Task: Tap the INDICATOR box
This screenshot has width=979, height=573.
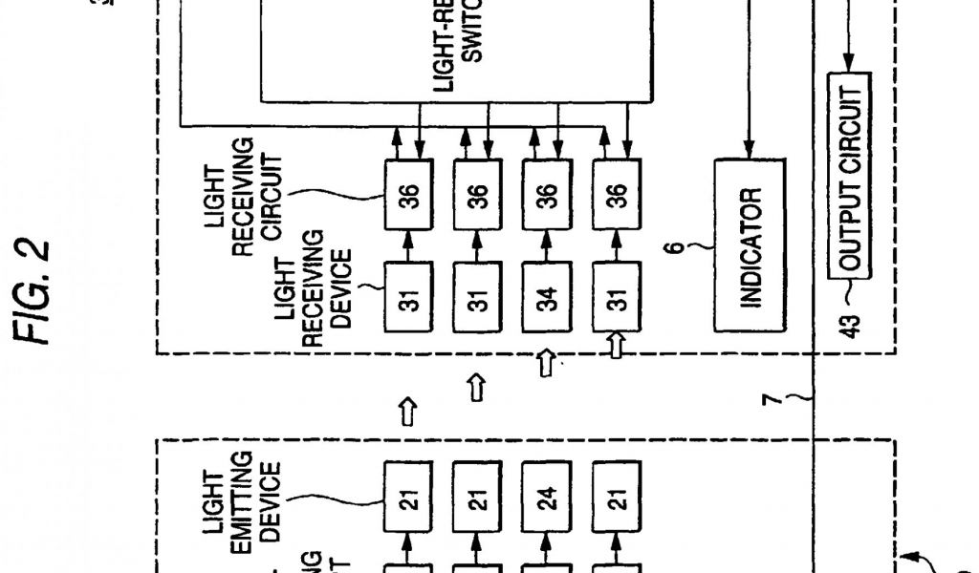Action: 751,244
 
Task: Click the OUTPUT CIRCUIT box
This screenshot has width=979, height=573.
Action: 850,174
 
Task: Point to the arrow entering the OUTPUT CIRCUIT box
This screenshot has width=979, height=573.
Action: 850,62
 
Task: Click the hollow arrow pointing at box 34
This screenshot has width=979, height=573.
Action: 545,364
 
